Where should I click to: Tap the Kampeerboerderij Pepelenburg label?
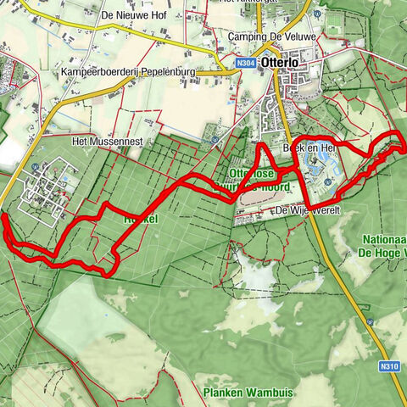pos(127,73)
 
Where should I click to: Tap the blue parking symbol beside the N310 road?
pos(371,322)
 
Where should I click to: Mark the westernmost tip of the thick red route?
pos(3,219)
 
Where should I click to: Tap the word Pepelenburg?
pos(167,73)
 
